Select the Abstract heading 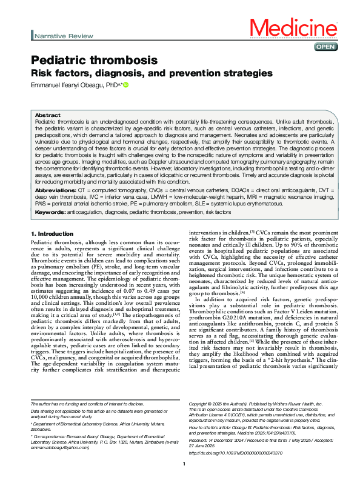(x=47, y=115)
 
